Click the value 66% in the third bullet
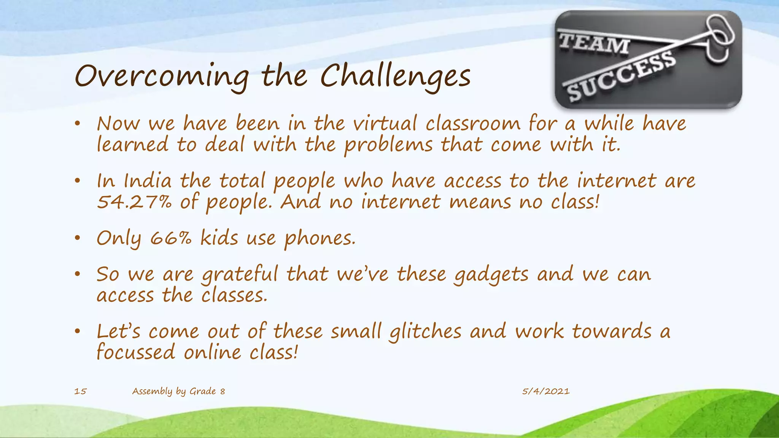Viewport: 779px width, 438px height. click(x=171, y=239)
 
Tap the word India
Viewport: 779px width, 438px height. click(x=148, y=181)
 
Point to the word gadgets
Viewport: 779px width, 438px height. click(x=491, y=275)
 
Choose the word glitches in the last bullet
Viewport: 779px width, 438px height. click(x=425, y=332)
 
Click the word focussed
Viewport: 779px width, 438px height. click(x=136, y=352)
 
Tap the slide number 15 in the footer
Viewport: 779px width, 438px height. click(x=80, y=391)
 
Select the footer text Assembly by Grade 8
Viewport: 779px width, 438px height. click(x=178, y=391)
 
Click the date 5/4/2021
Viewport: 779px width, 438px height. click(x=545, y=391)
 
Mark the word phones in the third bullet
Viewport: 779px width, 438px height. click(x=320, y=239)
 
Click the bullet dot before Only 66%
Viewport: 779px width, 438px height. click(x=78, y=238)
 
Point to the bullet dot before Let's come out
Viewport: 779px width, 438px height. click(x=78, y=332)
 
